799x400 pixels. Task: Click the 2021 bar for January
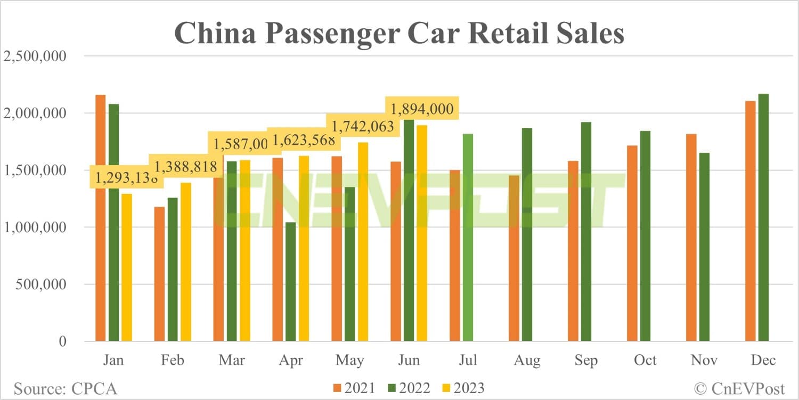(x=100, y=218)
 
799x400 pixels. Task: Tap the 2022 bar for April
(x=290, y=282)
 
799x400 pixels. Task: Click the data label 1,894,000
(x=422, y=109)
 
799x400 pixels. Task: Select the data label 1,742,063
(x=363, y=127)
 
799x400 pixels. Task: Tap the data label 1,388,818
(x=185, y=167)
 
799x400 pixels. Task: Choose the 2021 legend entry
(x=354, y=388)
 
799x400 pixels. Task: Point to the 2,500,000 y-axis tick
(x=35, y=56)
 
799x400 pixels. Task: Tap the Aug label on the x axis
(x=527, y=361)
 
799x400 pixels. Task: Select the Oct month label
(x=645, y=361)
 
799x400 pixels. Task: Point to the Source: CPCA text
(x=65, y=388)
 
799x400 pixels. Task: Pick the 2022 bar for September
(x=586, y=232)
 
